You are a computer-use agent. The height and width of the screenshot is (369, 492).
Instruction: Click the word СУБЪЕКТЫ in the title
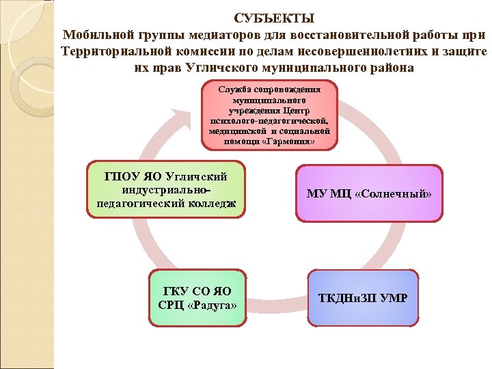click(x=274, y=18)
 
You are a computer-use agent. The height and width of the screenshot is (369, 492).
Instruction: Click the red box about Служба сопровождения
click(x=269, y=115)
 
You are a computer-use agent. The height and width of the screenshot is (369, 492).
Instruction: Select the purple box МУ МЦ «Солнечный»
click(x=369, y=193)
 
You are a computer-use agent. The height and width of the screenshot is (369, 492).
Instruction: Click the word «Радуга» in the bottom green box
click(x=213, y=304)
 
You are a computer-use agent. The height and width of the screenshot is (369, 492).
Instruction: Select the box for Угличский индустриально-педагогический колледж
click(x=167, y=189)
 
